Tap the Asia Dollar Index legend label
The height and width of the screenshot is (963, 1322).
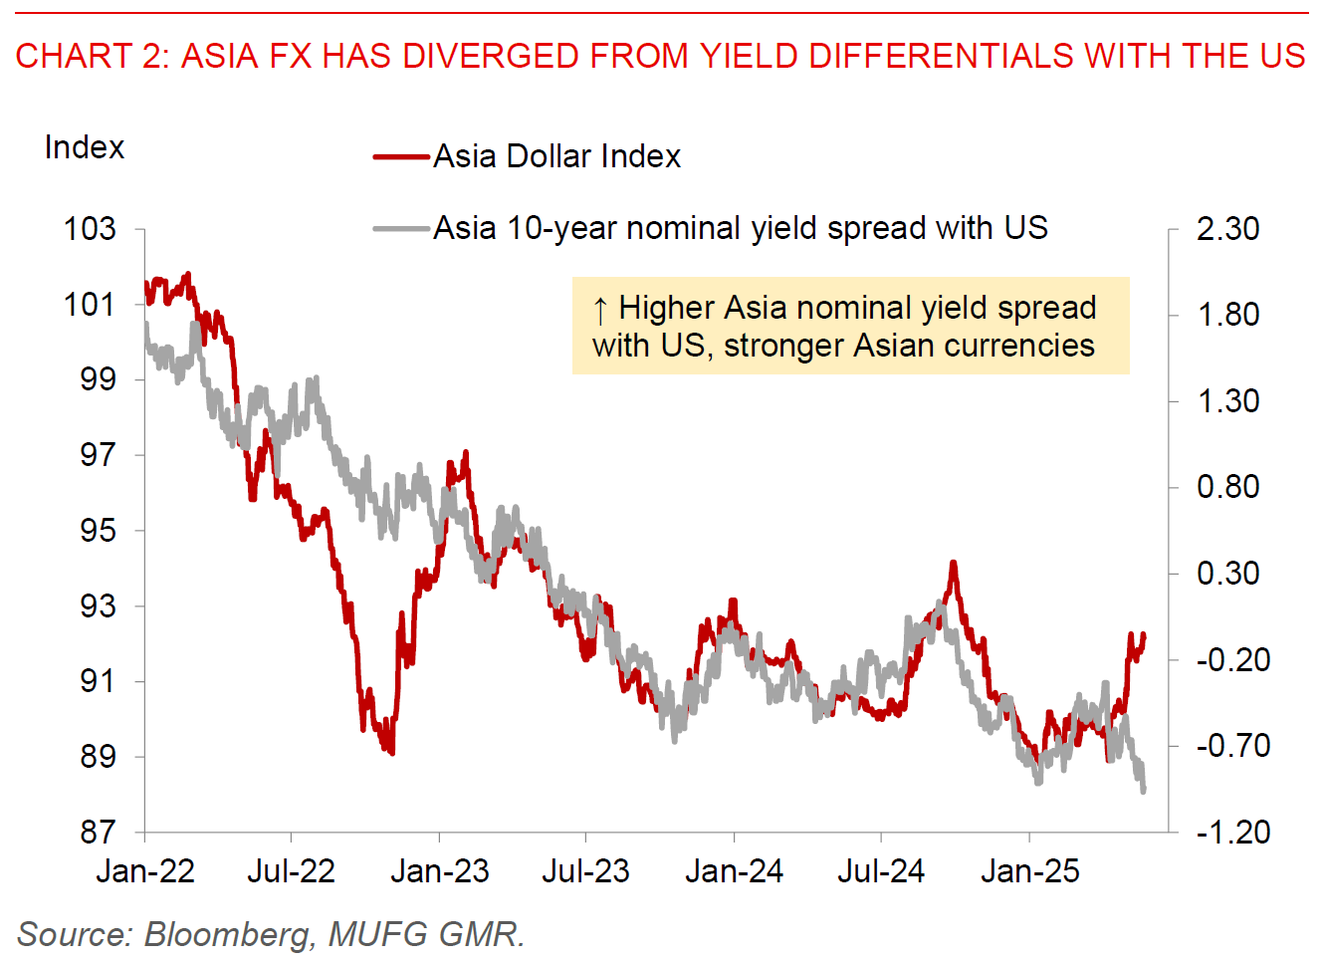point(556,156)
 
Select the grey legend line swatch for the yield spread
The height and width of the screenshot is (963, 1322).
point(401,228)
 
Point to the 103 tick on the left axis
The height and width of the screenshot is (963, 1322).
point(90,229)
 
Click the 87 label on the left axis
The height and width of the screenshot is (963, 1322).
point(98,832)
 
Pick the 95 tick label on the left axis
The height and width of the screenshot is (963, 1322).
point(98,530)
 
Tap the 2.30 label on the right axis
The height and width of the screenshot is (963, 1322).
point(1227,229)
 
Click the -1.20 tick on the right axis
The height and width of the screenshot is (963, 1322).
point(1232,832)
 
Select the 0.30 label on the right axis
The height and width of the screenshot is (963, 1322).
point(1227,574)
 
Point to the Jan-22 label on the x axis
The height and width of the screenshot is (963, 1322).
point(145,871)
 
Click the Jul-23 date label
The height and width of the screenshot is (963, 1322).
point(585,871)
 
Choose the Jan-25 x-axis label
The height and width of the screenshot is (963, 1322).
point(1029,871)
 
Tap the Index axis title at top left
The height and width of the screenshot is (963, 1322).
point(85,147)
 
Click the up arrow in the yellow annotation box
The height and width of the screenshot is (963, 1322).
point(600,311)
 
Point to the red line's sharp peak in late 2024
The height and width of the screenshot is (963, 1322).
point(953,564)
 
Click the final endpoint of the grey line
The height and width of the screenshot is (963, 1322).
point(1143,791)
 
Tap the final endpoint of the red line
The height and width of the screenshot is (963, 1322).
point(1144,635)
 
